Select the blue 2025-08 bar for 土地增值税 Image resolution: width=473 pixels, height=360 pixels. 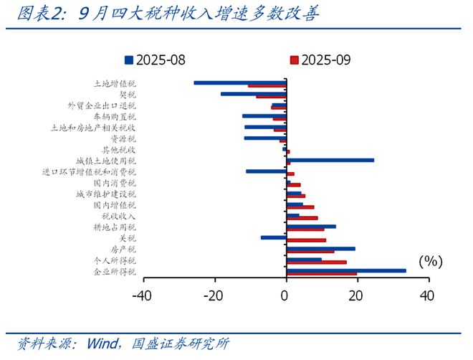click(x=239, y=82)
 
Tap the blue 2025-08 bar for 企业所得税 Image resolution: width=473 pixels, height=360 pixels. click(x=345, y=270)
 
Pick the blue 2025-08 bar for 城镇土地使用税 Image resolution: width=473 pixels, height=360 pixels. click(x=330, y=160)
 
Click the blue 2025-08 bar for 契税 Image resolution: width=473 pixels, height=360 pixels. click(x=253, y=93)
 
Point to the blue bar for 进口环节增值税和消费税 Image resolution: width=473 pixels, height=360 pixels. click(x=266, y=171)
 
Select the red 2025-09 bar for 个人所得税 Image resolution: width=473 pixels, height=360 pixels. click(x=316, y=262)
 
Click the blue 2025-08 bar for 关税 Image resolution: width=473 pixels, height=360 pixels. click(x=273, y=237)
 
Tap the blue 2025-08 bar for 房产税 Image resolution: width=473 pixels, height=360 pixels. click(x=320, y=248)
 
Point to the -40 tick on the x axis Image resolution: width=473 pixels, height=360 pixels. click(x=143, y=295)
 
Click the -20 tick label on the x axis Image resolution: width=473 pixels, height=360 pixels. click(x=214, y=295)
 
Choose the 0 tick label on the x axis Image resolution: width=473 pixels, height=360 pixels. click(x=286, y=295)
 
